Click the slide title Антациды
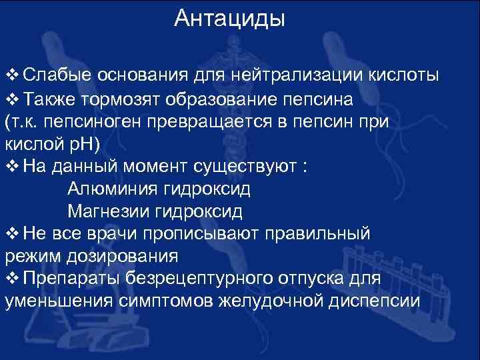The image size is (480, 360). [x=229, y=19]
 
